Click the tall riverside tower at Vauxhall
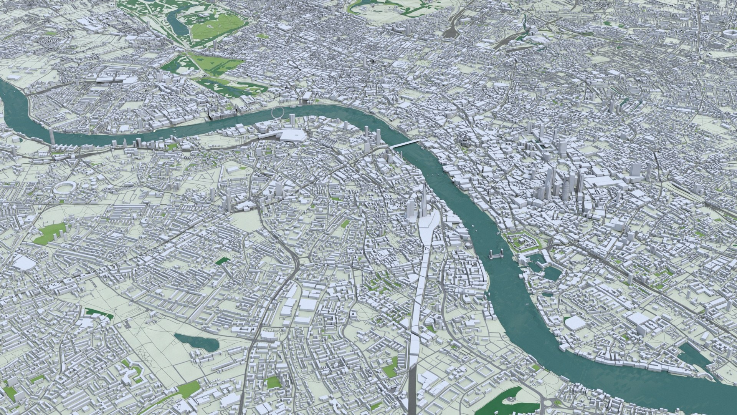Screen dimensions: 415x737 51,135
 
